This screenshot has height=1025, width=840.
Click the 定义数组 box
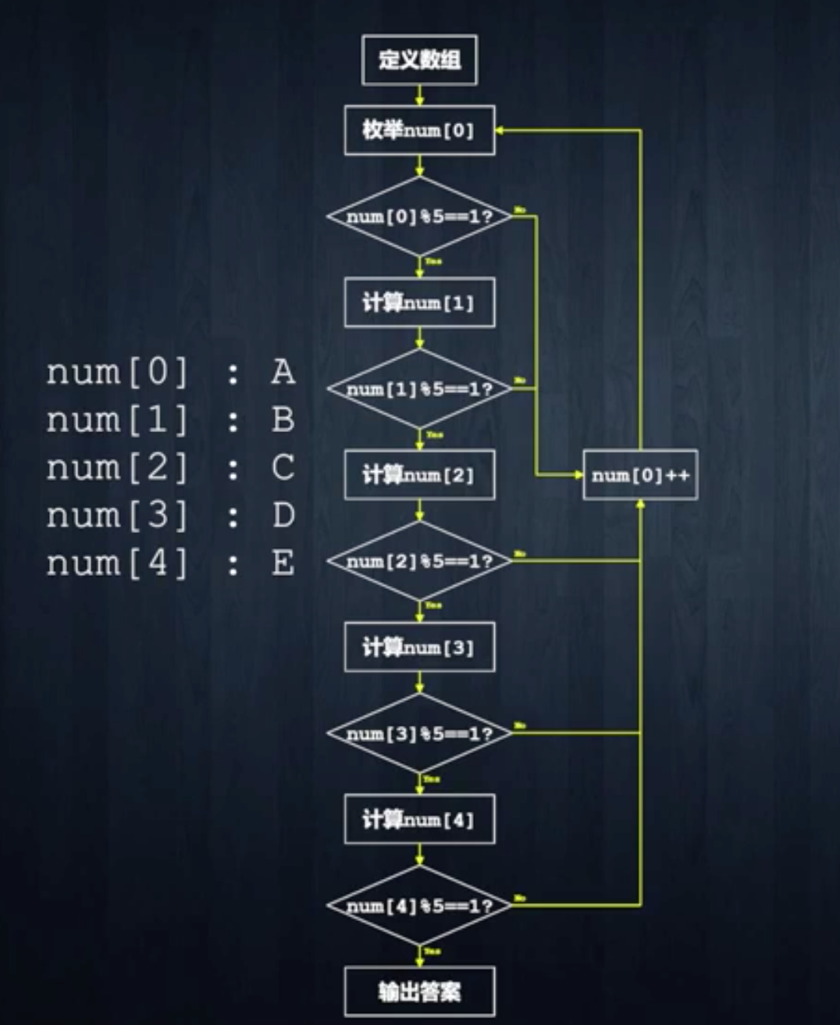point(419,59)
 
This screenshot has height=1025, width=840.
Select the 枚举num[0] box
point(419,130)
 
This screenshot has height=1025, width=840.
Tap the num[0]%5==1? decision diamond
point(419,216)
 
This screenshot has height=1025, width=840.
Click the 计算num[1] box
point(419,302)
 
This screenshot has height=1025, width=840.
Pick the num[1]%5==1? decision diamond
point(419,388)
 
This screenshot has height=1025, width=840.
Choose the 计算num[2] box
point(419,475)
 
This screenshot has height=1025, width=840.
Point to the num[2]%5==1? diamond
point(419,561)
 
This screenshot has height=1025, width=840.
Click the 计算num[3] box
point(419,647)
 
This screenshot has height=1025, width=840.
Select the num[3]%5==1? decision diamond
point(419,734)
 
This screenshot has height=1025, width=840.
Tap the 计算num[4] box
point(419,820)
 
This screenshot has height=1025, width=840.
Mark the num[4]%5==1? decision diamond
point(419,905)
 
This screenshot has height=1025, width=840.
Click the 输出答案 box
point(419,992)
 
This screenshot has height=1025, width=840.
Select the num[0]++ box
point(640,475)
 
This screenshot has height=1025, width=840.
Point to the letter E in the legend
point(283,563)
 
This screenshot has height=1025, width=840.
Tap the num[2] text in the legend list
point(117,468)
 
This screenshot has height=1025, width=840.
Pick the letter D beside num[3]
point(283,516)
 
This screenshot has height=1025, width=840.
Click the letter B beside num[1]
point(283,420)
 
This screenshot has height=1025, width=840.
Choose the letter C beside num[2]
point(283,468)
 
